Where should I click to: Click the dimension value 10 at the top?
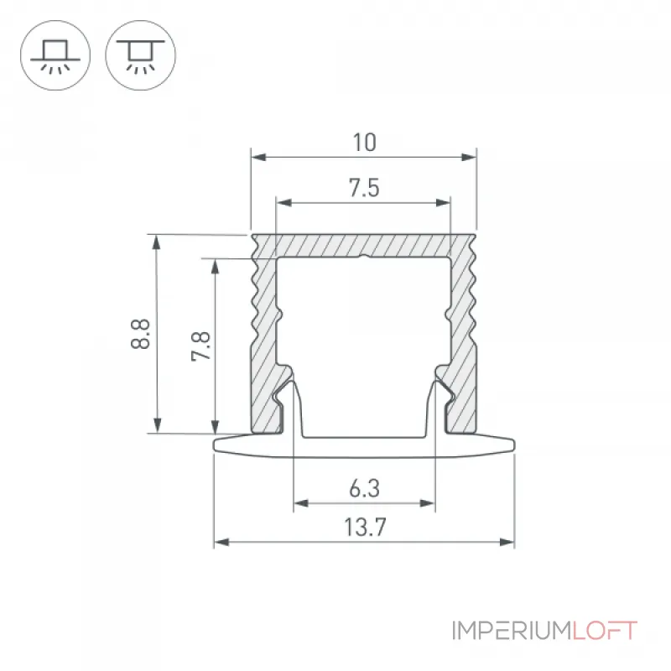coord(364,143)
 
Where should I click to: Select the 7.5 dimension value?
coord(364,188)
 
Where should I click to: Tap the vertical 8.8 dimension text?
coord(141,334)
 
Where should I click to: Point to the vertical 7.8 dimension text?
coord(200,346)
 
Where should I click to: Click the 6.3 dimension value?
coord(364,489)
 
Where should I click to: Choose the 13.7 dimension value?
coord(365,528)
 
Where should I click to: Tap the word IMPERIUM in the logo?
coord(512,631)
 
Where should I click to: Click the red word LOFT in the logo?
coord(605,631)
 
